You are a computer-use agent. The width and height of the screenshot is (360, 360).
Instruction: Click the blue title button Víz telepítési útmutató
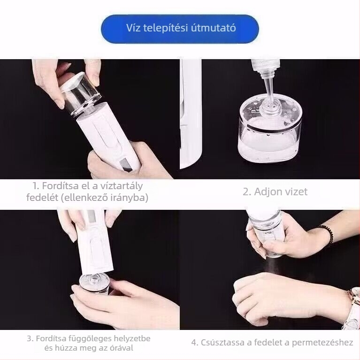coord(180,29)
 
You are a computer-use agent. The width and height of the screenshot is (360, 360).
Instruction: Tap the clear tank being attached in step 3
coord(94,283)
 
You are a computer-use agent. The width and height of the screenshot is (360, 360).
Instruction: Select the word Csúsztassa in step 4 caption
coord(222,342)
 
